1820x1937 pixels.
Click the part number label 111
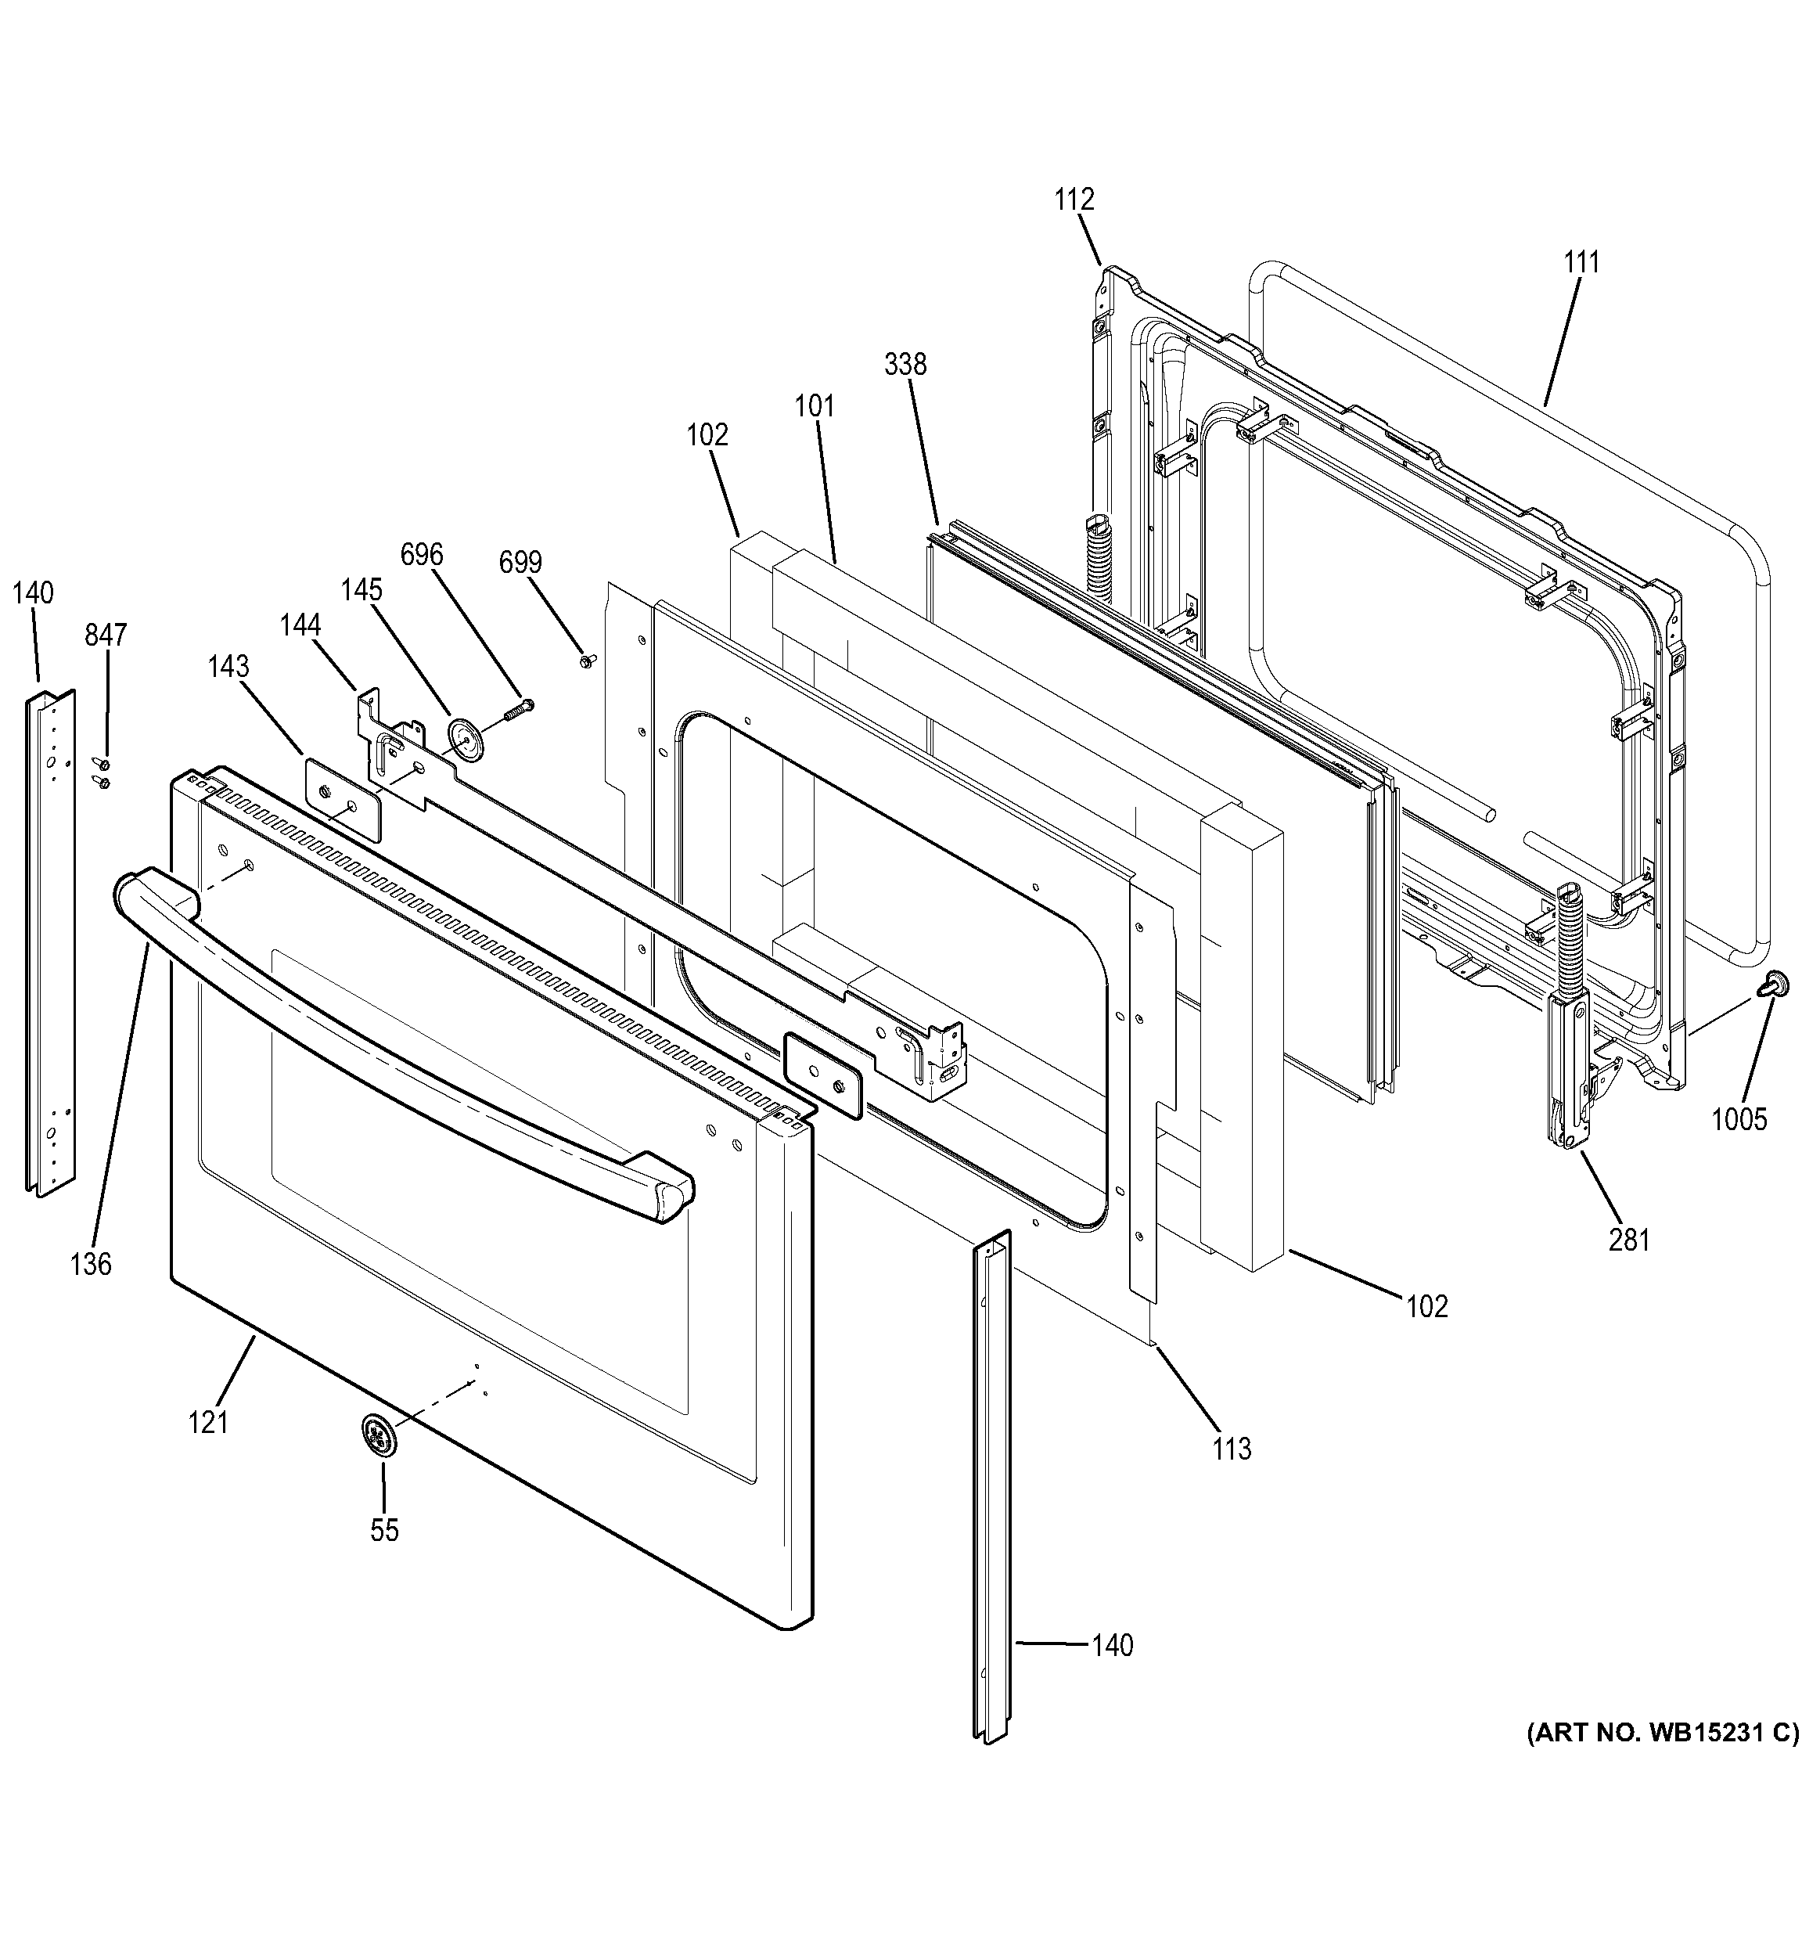pyautogui.click(x=1581, y=263)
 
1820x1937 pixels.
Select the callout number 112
pyautogui.click(x=1074, y=200)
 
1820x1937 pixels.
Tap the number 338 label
pyautogui.click(x=905, y=365)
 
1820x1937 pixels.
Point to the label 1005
pyautogui.click(x=1739, y=1119)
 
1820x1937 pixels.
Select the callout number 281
pyautogui.click(x=1628, y=1240)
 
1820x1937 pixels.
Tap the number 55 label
pyautogui.click(x=384, y=1531)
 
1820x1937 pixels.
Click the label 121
pyautogui.click(x=207, y=1423)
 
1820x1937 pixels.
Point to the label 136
pyautogui.click(x=91, y=1265)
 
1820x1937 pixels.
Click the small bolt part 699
pyautogui.click(x=585, y=661)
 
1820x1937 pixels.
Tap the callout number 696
pyautogui.click(x=421, y=556)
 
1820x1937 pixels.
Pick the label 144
pyautogui.click(x=300, y=625)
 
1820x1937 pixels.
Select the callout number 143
pyautogui.click(x=228, y=667)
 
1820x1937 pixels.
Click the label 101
pyautogui.click(x=815, y=406)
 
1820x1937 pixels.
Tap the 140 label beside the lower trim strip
pyautogui.click(x=1112, y=1646)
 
